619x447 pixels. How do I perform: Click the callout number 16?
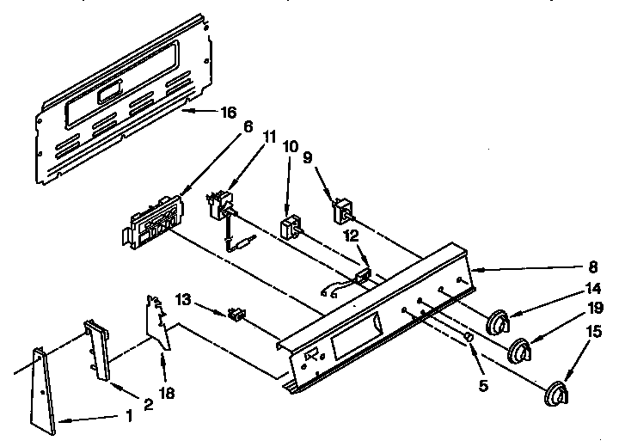click(x=228, y=112)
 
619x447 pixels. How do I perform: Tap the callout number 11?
click(x=270, y=136)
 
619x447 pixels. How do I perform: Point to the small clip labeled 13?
click(x=234, y=315)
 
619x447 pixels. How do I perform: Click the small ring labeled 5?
click(x=469, y=336)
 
